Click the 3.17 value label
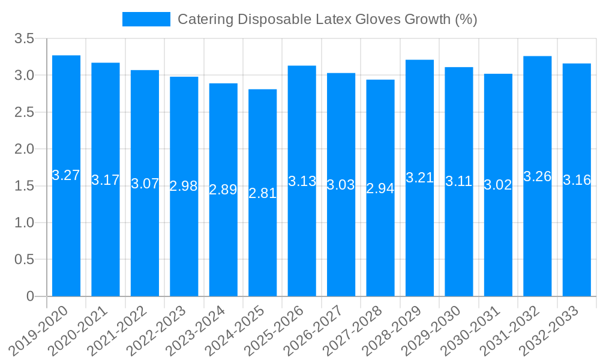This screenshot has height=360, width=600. pyautogui.click(x=106, y=180)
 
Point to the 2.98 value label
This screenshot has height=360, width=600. pyautogui.click(x=184, y=186)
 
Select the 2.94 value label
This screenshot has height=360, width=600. pyautogui.click(x=380, y=188)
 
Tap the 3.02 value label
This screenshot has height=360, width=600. pyautogui.click(x=498, y=185)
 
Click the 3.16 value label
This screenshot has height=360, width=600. pyautogui.click(x=577, y=180)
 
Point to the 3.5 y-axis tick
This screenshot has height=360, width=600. pyautogui.click(x=25, y=39)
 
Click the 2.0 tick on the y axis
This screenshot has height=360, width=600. pyautogui.click(x=25, y=149)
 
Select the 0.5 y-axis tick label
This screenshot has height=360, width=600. pyautogui.click(x=25, y=259)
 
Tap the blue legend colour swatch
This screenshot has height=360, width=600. pyautogui.click(x=146, y=19)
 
